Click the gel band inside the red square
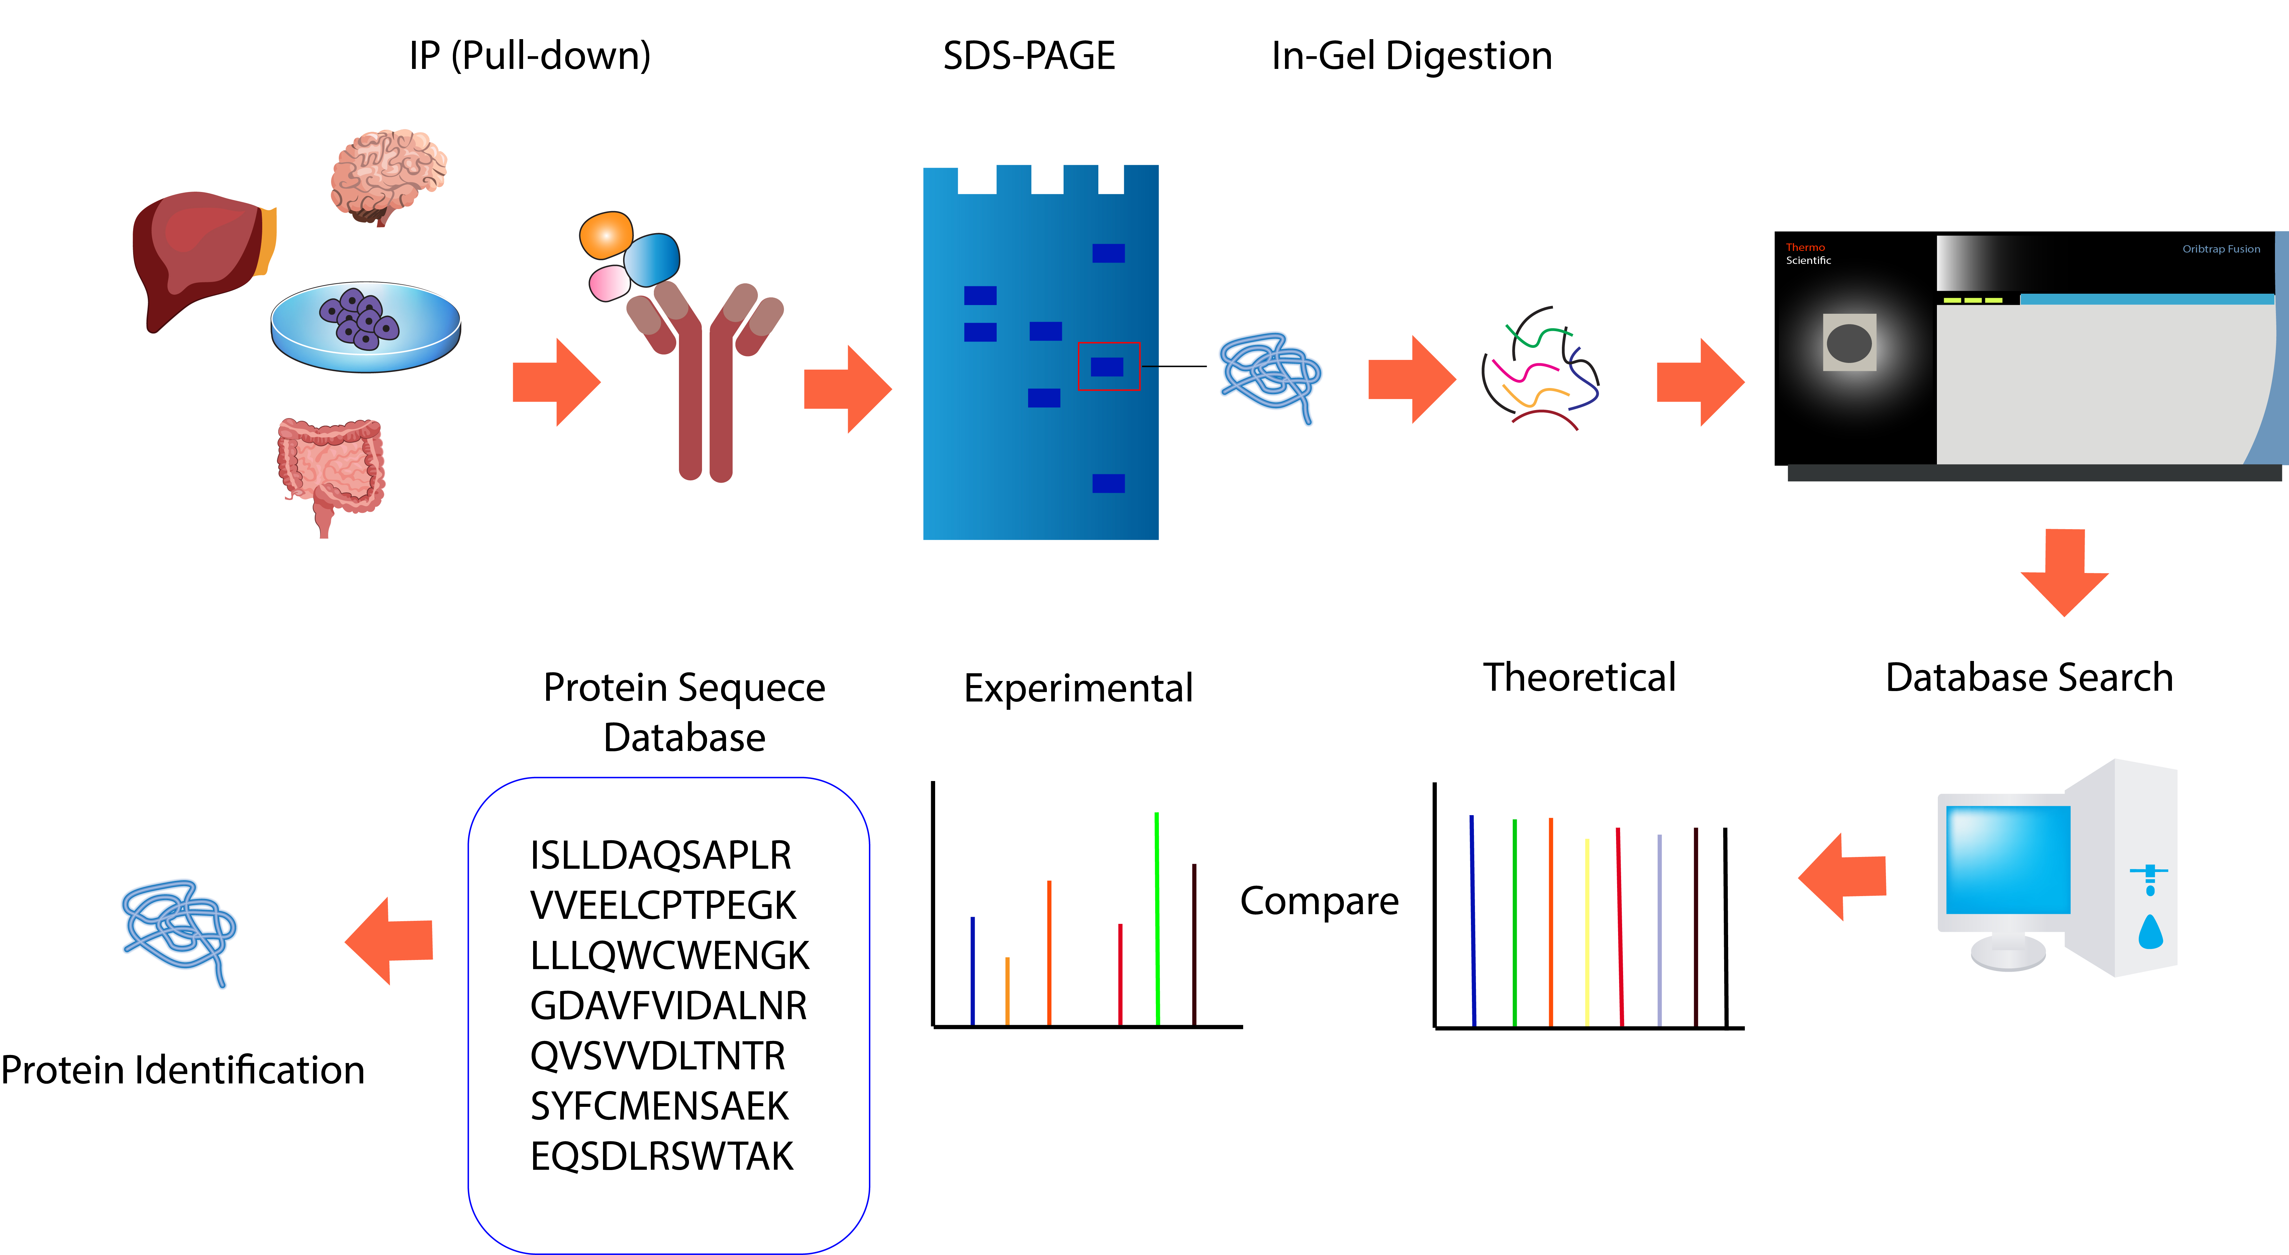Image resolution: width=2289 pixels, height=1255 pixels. [1107, 366]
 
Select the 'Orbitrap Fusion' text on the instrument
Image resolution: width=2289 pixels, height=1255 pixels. [2220, 249]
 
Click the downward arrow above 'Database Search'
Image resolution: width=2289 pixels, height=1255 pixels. [2064, 573]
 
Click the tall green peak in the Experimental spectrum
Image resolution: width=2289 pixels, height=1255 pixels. [1156, 915]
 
